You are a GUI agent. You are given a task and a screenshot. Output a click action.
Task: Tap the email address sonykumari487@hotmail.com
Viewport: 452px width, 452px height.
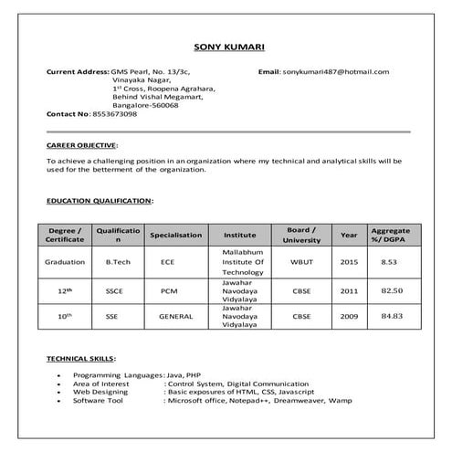335,71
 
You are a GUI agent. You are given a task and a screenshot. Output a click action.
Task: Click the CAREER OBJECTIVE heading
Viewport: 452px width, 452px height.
81,145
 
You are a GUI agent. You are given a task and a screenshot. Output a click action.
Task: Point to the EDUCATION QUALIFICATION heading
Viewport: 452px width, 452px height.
100,199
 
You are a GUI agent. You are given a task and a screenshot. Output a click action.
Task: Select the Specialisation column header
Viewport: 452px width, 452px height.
175,235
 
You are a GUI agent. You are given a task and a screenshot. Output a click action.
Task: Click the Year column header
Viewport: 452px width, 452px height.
349,235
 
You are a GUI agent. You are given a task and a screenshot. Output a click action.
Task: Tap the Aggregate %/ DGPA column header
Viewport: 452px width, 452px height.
391,235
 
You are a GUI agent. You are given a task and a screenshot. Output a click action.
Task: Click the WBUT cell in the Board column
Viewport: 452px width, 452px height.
301,261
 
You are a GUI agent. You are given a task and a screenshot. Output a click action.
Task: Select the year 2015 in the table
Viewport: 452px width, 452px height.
349,261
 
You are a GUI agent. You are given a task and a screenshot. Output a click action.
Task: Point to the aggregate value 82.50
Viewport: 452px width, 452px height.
391,290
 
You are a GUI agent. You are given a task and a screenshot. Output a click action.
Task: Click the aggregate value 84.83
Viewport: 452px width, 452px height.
391,316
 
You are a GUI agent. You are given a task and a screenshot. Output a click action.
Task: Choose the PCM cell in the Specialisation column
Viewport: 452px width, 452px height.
168,290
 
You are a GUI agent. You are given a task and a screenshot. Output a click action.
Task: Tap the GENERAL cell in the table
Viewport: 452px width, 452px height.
175,316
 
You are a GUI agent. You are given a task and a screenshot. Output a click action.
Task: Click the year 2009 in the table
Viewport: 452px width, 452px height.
349,316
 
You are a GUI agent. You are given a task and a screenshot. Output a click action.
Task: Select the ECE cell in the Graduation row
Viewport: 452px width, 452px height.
167,261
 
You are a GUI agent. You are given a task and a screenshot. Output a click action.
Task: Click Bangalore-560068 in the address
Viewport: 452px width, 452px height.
144,105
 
